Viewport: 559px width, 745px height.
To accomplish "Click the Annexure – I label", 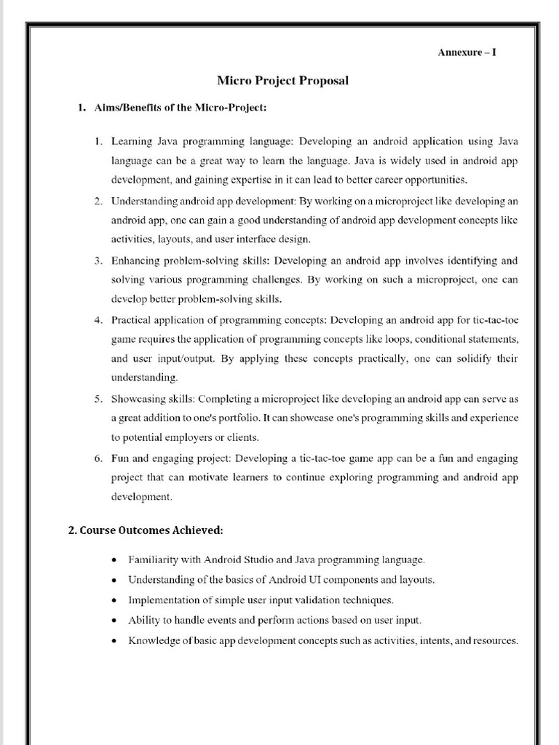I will [x=467, y=52].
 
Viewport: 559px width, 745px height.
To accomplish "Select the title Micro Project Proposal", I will [x=282, y=81].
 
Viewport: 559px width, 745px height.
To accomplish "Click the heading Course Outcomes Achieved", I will [x=146, y=530].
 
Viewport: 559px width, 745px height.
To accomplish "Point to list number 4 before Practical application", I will [x=98, y=320].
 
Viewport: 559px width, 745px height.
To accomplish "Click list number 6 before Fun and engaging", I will [x=98, y=458].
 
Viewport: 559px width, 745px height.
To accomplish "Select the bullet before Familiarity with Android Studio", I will [x=114, y=561].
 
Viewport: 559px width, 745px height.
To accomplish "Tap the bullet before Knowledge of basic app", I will [x=114, y=642].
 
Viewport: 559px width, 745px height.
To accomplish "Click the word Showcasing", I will [x=136, y=399].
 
